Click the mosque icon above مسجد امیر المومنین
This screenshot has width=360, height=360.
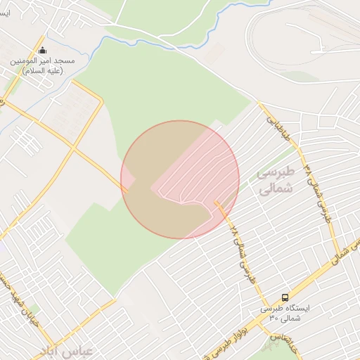[42, 51]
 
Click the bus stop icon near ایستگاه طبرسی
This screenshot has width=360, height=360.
[285, 298]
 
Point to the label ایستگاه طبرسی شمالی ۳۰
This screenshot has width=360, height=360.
[290, 313]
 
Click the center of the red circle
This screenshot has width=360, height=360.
[180, 179]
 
